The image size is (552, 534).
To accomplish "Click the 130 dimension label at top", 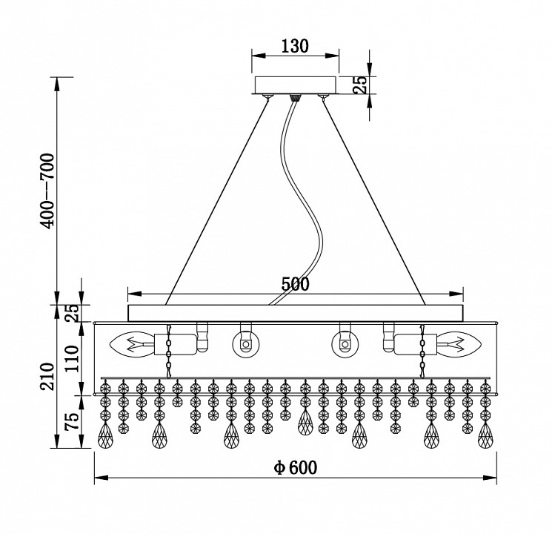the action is tap(295, 46).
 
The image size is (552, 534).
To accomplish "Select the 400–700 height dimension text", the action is tap(47, 191).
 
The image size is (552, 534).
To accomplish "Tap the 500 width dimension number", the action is tap(296, 284).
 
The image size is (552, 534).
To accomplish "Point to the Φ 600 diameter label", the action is tap(296, 468).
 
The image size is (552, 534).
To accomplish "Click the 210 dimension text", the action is tap(47, 376).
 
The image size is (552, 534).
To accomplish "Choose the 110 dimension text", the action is tap(71, 358).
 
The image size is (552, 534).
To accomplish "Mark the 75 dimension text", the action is tap(71, 421).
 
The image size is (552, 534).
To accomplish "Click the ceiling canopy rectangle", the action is tap(296, 85).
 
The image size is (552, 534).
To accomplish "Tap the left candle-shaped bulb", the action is tap(132, 343).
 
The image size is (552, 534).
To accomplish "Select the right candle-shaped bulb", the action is tap(459, 343).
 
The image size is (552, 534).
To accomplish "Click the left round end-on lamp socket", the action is tap(246, 343).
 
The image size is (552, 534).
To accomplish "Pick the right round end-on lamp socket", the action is tap(345, 343).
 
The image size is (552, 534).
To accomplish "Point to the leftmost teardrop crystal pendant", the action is tap(105, 435).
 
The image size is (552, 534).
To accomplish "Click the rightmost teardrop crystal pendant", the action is tap(485, 435).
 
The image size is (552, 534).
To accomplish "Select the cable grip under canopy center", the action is tap(295, 98).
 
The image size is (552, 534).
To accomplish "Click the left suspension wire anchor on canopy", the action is tap(268, 96).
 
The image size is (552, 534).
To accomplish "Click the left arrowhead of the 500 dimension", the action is tap(135, 294).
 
